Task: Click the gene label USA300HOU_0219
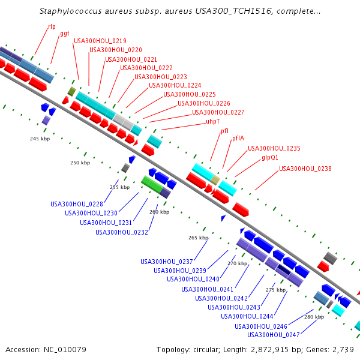click(100, 41)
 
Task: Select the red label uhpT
click(213, 122)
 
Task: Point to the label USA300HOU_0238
click(305, 169)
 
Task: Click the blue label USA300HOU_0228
click(76, 204)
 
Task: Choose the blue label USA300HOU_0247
click(273, 335)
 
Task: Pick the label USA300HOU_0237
click(166, 262)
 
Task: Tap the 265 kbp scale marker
click(198, 238)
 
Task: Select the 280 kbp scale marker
click(314, 317)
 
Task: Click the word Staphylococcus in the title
click(67, 11)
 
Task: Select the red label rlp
click(52, 27)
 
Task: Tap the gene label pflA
click(238, 139)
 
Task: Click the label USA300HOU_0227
click(218, 113)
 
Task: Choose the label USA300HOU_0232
click(121, 232)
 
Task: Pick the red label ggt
click(64, 34)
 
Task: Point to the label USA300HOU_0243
click(233, 307)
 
